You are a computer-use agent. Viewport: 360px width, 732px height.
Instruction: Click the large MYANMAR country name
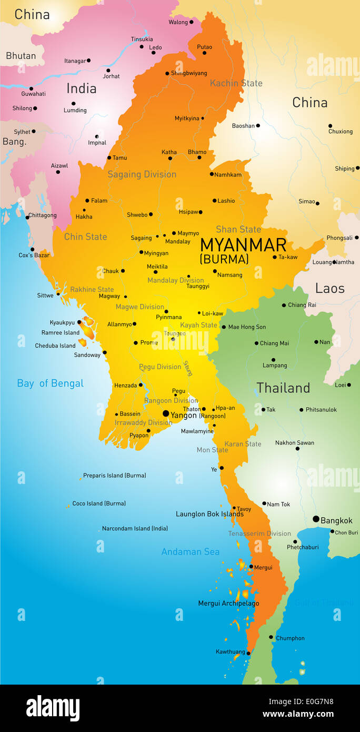243,245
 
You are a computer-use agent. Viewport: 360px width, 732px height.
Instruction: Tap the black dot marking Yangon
166,414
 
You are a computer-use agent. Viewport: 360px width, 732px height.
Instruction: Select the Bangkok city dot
316,519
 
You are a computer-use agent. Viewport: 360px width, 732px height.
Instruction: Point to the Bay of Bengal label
50,383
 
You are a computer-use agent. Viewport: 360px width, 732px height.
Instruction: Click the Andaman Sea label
190,552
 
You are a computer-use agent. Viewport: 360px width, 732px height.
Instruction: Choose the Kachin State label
236,83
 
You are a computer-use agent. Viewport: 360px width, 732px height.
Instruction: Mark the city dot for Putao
204,53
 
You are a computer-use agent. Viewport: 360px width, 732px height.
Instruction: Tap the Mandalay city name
177,242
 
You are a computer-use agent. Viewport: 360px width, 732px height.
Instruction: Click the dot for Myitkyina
203,118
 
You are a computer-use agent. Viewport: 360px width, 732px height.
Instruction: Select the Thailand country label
283,388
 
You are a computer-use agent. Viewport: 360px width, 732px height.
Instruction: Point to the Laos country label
329,289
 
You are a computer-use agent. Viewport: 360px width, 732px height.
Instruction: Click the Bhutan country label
21,56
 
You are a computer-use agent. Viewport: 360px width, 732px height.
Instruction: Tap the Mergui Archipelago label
228,604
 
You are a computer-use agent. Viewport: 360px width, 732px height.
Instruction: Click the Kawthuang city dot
248,653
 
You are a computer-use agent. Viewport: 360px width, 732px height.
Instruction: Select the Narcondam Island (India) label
135,528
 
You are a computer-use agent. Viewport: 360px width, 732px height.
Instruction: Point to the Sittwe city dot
58,294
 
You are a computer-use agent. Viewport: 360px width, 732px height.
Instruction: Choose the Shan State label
238,230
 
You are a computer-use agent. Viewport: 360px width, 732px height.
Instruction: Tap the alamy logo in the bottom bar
53,708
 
